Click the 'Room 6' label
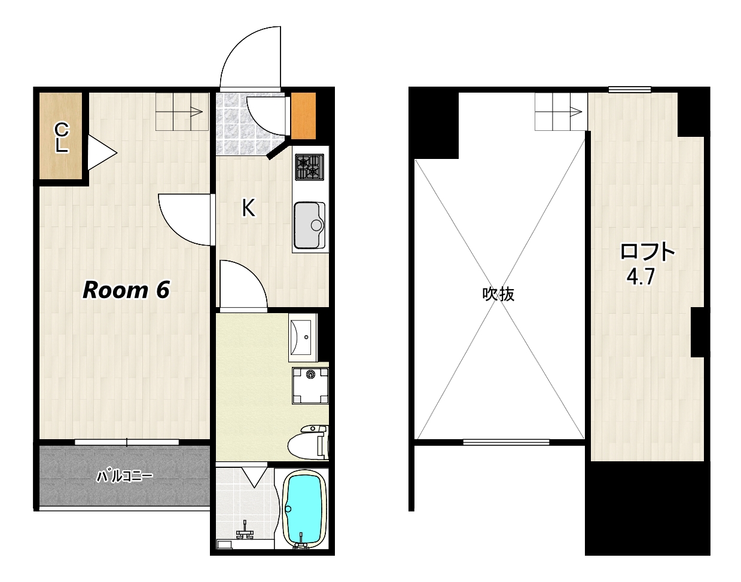coord(126,290)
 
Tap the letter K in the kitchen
coord(248,208)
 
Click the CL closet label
coord(62,138)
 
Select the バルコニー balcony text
coord(124,476)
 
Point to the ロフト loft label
coord(647,252)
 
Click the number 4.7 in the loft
coord(641,277)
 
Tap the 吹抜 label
coord(498,294)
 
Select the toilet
coord(308,443)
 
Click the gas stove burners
coord(309,167)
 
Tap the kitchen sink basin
coord(309,225)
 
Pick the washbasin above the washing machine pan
coord(303,338)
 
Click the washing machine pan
coord(310,385)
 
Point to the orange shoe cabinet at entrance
coord(303,115)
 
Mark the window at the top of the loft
coord(630,90)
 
